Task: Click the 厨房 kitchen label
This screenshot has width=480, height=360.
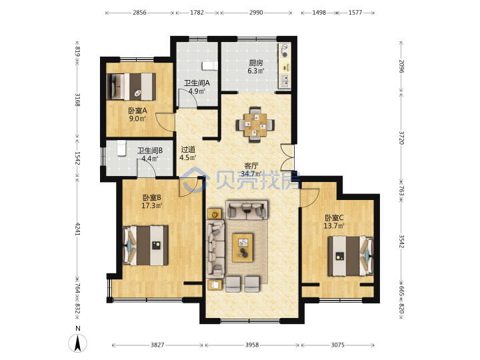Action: click(255, 63)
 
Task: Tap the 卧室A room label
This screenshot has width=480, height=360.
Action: click(137, 111)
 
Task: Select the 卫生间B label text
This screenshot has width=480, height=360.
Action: click(150, 151)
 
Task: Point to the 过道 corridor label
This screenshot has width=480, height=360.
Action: click(188, 150)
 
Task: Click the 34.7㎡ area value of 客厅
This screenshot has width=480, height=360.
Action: click(251, 174)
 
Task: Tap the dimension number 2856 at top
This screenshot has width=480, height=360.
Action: click(139, 13)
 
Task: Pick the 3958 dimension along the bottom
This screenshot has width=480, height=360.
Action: click(252, 345)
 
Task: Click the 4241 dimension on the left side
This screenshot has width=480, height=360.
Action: click(77, 229)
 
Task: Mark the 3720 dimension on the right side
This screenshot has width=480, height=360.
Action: click(401, 138)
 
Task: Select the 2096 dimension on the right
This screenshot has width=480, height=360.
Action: click(401, 66)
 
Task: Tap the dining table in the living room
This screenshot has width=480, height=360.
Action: click(255, 125)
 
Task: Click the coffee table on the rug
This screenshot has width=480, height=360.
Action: click(243, 248)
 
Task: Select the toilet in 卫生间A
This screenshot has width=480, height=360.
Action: click(210, 66)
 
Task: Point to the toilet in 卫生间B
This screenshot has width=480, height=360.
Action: click(121, 148)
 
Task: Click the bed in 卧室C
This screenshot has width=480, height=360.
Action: click(351, 256)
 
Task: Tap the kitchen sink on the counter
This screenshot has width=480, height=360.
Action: click(285, 81)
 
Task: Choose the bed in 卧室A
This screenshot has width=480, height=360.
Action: click(131, 87)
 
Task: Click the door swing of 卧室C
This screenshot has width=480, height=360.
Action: click(310, 198)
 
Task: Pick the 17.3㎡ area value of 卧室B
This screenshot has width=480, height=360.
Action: click(151, 205)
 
